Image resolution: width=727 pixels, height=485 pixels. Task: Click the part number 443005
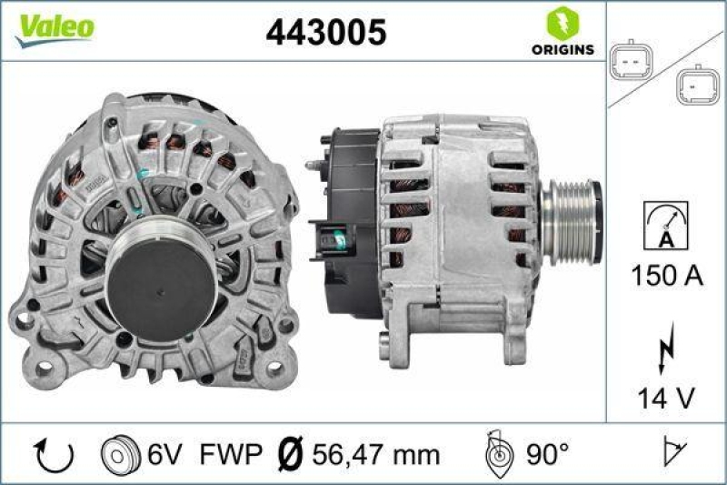point(325,33)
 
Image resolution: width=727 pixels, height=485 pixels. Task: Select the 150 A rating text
point(666,277)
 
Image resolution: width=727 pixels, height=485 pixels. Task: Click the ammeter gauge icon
point(665,226)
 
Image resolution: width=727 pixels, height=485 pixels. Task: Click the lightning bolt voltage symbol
point(666,348)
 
